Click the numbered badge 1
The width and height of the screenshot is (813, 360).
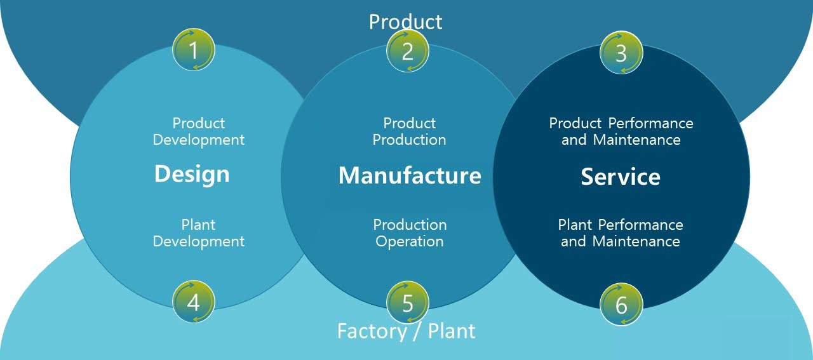(194, 50)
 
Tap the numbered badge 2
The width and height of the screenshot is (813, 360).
(408, 51)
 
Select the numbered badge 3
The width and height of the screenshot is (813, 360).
(621, 52)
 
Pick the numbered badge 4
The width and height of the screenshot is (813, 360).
(194, 302)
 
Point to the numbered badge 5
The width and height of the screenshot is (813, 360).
(408, 303)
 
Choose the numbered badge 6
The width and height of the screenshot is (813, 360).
(621, 304)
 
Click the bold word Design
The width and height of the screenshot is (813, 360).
(192, 174)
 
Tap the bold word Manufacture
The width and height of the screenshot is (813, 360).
(410, 175)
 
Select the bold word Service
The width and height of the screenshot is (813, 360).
(621, 177)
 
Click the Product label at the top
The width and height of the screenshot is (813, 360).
(405, 22)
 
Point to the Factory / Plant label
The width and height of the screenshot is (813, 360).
(406, 331)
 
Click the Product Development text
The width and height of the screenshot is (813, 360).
(199, 131)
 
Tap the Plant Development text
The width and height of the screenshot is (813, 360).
(199, 233)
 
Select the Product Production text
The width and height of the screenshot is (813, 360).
(410, 131)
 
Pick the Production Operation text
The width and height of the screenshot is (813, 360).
(410, 233)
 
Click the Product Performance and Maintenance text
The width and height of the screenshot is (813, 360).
(621, 131)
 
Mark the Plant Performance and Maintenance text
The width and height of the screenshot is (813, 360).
(621, 233)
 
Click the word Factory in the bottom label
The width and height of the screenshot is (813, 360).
(372, 331)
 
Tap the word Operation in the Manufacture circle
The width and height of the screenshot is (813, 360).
(410, 241)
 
